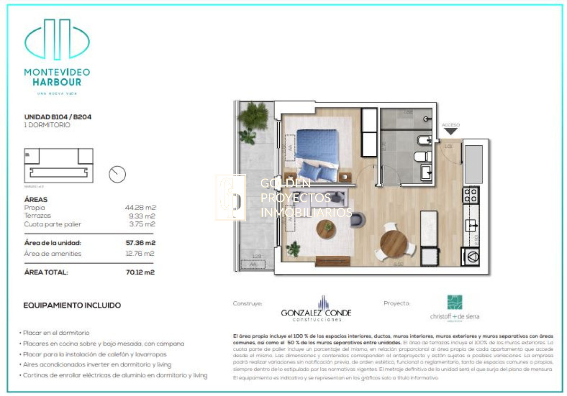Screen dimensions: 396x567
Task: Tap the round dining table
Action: coord(394,244)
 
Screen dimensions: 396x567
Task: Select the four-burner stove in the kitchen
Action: coord(471,195)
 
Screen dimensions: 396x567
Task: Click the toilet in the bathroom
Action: coord(421,156)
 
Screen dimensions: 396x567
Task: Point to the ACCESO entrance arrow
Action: coord(451,131)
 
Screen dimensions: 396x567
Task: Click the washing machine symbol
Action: coord(471,257)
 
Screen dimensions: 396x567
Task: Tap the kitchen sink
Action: coord(471,226)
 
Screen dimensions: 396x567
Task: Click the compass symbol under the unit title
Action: coord(117,174)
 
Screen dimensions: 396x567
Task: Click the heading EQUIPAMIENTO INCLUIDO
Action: coord(72,305)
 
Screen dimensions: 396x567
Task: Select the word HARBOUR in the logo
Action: coord(57,82)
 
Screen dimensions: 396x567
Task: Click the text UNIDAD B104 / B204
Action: coord(58,117)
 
